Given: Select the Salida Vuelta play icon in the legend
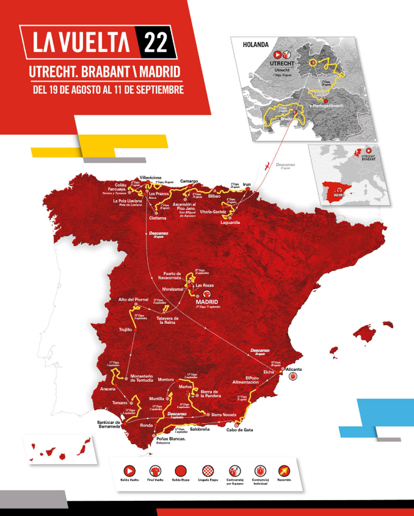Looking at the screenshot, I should [129, 470].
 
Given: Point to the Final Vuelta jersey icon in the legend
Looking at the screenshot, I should [155, 470].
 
